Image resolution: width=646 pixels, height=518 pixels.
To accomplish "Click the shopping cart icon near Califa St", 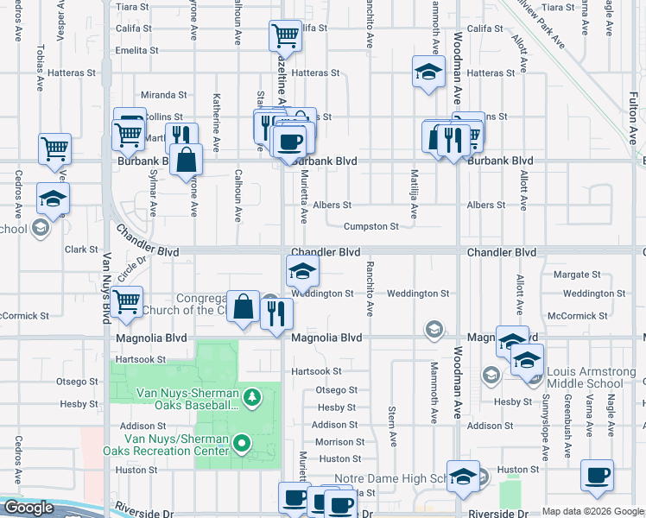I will click(285, 36).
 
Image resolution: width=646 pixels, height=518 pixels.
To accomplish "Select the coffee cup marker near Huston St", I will click(597, 475).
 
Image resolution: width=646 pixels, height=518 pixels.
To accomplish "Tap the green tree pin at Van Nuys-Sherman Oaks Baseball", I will click(251, 398).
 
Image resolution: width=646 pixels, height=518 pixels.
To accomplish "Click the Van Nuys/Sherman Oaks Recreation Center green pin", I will click(243, 445).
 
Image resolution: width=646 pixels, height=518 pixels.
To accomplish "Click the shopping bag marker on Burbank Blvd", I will click(186, 160).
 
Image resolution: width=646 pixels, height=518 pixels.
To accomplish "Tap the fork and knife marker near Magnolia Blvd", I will click(276, 313).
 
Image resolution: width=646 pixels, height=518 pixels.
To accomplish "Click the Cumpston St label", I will click(370, 227).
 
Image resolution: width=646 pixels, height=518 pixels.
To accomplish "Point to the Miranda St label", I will click(164, 94).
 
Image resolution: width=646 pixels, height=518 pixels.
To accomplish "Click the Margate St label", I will click(571, 275).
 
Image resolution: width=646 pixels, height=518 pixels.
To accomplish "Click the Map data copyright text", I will click(592, 511).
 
